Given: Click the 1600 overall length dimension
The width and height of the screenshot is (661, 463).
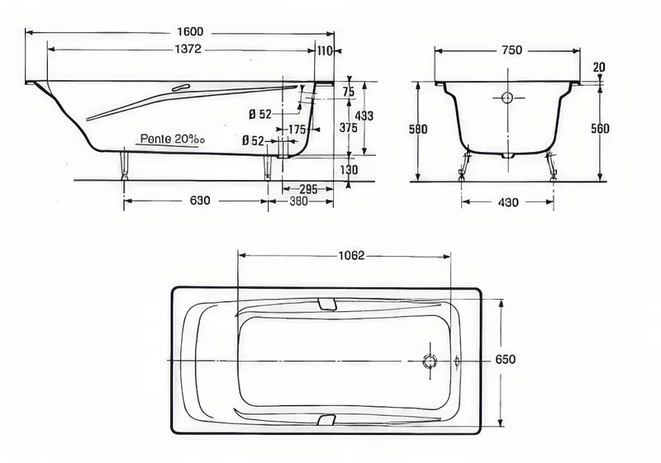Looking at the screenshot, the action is (190, 31).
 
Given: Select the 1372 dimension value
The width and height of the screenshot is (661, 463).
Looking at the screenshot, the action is (188, 50).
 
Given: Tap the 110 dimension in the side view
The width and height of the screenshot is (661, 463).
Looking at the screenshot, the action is (324, 51).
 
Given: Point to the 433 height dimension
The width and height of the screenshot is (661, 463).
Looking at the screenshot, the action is (364, 116).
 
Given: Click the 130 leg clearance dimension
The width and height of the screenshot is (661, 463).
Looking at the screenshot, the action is (349, 170).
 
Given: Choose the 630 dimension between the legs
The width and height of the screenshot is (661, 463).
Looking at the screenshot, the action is (199, 201).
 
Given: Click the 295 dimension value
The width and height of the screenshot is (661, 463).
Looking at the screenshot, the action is (308, 190).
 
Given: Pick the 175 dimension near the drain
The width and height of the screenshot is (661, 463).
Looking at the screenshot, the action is (297, 130).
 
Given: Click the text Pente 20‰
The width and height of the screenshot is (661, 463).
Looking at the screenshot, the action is (173, 139).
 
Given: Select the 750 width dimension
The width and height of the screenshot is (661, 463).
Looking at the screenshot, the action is (511, 50).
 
